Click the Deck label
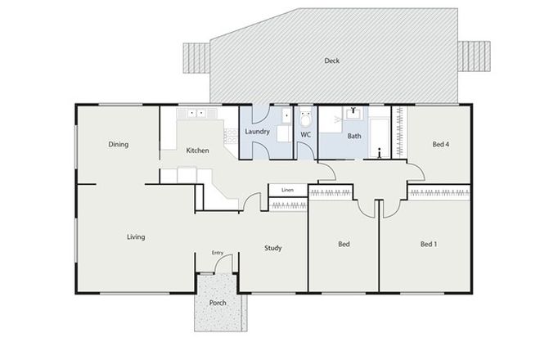pyautogui.click(x=331, y=61)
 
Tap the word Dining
pyautogui.click(x=119, y=145)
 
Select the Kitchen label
pyautogui.click(x=198, y=151)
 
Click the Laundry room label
pyautogui.click(x=259, y=131)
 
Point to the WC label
pyautogui.click(x=306, y=135)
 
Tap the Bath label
pyautogui.click(x=354, y=136)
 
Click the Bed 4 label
pyautogui.click(x=440, y=145)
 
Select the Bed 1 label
pyautogui.click(x=429, y=244)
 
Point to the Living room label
pyautogui.click(x=135, y=237)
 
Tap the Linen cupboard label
pyautogui.click(x=287, y=190)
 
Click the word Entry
pyautogui.click(x=217, y=253)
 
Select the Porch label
pyautogui.click(x=218, y=303)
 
